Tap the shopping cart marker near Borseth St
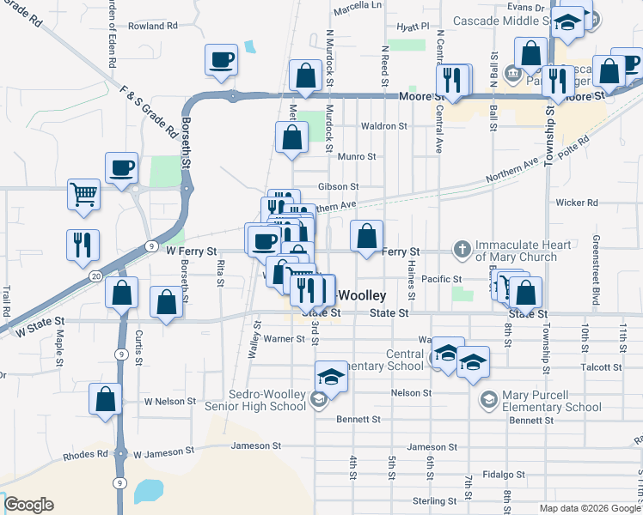tap(84, 195)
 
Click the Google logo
tap(28, 505)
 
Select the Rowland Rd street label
tap(151, 27)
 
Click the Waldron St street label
tap(383, 126)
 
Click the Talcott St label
tap(601, 367)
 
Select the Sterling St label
tap(433, 500)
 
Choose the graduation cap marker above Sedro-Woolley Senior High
tap(331, 376)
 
